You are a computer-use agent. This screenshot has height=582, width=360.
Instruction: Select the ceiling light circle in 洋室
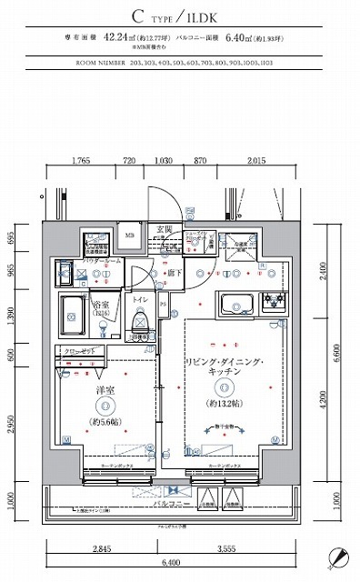[x=105, y=406]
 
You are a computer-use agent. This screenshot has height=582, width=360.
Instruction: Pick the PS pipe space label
[x=164, y=305]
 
